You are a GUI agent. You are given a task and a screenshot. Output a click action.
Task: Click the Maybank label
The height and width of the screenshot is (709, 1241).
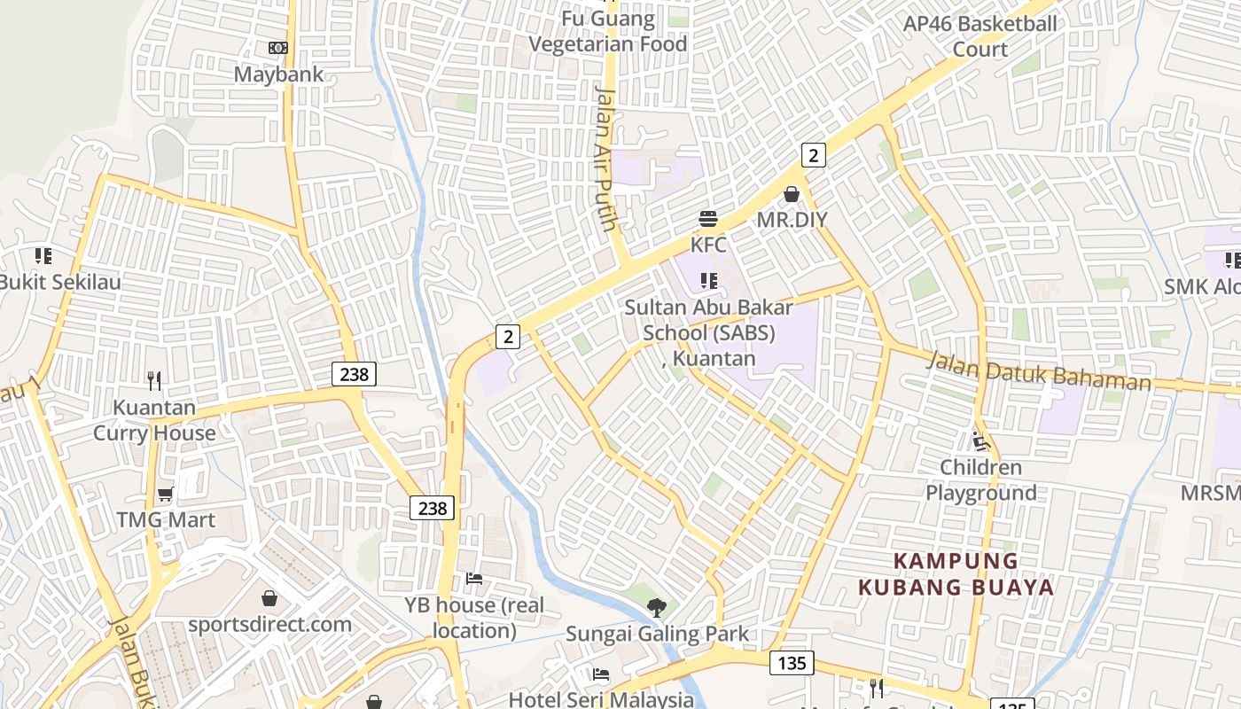278,74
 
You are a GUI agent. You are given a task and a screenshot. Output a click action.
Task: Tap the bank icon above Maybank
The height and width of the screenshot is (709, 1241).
278,48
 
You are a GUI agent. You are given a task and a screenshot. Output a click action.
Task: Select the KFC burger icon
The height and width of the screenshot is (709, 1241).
707,219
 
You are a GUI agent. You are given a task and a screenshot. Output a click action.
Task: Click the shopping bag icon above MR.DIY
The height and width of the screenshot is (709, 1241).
792,193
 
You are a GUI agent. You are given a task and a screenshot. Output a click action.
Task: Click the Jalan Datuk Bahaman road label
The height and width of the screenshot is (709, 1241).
1039,371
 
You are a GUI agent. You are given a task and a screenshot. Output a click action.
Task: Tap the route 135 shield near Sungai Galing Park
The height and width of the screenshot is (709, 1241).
792,662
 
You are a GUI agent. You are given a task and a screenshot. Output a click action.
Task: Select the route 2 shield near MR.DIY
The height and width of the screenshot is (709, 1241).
813,155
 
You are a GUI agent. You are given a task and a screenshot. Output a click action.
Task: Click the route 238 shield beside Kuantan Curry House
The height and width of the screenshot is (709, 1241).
354,374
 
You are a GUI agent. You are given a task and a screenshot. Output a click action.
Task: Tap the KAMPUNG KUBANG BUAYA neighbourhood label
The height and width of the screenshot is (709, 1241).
956,574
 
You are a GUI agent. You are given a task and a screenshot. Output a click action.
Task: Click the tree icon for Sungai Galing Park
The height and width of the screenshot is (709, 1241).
656,608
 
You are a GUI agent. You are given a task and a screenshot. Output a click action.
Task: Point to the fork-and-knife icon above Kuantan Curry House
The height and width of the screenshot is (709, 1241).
154,381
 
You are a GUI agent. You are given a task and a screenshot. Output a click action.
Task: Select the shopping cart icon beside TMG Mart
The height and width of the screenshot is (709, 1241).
165,494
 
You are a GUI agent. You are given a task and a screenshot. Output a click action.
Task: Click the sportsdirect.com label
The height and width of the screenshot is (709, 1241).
269,624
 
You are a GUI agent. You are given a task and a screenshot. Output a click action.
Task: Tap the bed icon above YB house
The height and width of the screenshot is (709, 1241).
474,579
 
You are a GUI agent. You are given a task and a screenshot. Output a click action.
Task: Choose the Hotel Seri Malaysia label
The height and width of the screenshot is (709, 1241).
601,698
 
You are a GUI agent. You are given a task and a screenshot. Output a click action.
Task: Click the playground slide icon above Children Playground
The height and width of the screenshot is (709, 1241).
980,440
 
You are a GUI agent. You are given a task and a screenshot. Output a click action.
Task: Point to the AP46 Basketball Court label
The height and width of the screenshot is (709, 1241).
980,35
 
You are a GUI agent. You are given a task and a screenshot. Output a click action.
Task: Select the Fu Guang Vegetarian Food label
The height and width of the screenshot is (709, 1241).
607,32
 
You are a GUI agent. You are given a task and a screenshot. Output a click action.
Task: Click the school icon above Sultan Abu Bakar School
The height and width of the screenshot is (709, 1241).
708,281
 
